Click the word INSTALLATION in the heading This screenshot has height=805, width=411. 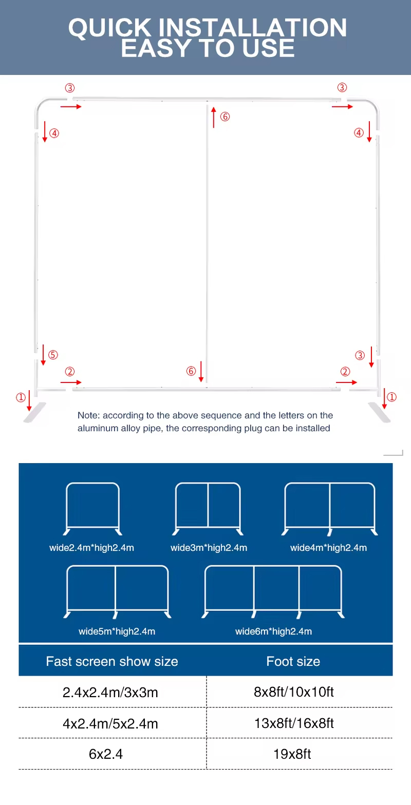pos(252,28)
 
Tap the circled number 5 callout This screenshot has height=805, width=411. pos(53,355)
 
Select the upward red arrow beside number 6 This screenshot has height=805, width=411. pos(214,117)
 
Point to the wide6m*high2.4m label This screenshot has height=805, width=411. pos(274,631)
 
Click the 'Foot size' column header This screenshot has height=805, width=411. pos(293,661)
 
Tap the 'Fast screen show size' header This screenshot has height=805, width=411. pos(112,661)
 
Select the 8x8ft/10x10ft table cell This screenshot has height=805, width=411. pos(294,692)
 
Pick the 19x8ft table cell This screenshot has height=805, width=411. pos(292,754)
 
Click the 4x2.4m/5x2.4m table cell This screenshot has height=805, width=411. pos(110,723)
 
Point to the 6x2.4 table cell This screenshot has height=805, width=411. pos(106,754)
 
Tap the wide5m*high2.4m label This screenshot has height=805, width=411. pos(117,631)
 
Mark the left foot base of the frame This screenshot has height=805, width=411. pos(34,413)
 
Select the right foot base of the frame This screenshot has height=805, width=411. pos(379,413)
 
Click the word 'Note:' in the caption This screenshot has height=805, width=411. pos(88,415)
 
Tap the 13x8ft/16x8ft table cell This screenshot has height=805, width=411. pos(294,723)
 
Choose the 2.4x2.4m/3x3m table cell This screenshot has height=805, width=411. pos(110,692)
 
